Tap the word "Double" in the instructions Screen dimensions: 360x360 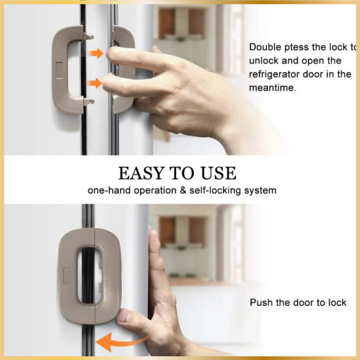click(x=265, y=47)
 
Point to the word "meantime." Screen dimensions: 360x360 click(x=273, y=88)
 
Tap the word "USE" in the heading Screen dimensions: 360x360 click(x=219, y=173)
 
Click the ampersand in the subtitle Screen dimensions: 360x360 click(x=183, y=190)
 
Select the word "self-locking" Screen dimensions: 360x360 click(x=215, y=191)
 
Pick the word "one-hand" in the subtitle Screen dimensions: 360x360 click(x=109, y=191)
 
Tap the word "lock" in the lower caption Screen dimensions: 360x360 click(x=337, y=302)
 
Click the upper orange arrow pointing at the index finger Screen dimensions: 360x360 click(x=96, y=53)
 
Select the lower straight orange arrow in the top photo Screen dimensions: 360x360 click(x=95, y=83)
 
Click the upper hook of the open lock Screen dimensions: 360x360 click(x=88, y=37)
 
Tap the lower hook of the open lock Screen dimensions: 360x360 click(x=88, y=102)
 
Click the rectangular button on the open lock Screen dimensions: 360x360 click(x=59, y=70)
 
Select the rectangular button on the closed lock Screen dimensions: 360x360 click(x=67, y=276)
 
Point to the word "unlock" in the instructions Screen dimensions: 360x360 click(x=263, y=61)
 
